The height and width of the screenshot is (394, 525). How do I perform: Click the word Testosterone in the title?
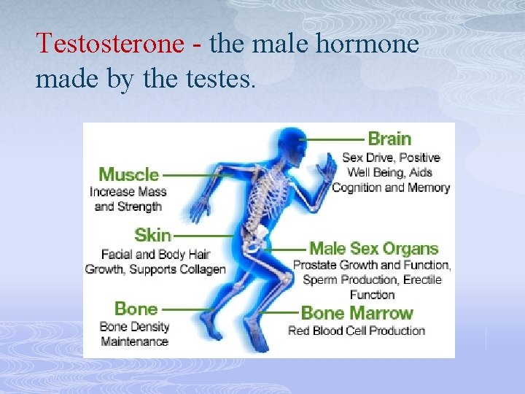[x=109, y=44]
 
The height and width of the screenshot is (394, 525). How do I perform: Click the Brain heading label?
[x=389, y=139]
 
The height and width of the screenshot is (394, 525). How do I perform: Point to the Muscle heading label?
[x=128, y=174]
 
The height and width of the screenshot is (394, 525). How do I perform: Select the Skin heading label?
[x=152, y=235]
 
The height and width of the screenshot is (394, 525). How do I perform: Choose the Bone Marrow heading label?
[x=357, y=313]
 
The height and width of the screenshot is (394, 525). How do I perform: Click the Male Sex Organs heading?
[x=373, y=249]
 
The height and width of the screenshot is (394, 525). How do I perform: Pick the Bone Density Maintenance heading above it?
[x=136, y=309]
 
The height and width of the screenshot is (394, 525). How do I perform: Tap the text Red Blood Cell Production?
[x=357, y=331]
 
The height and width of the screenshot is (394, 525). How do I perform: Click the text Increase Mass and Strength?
[x=128, y=199]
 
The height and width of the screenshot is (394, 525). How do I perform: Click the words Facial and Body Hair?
[x=155, y=255]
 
